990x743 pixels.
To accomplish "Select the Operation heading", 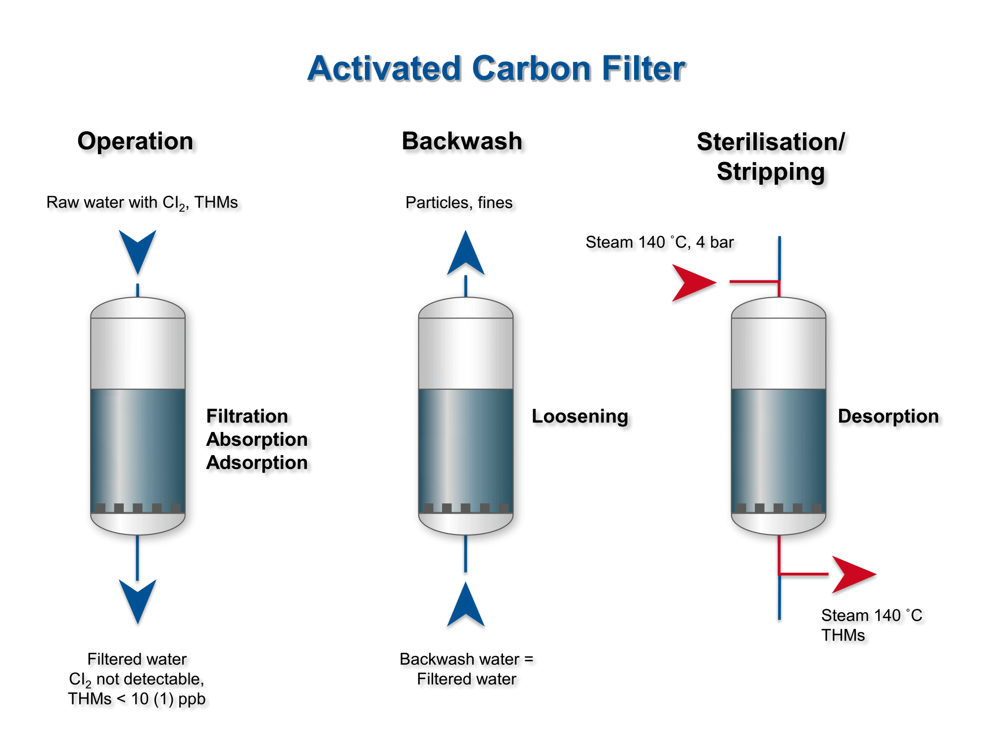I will [x=135, y=141].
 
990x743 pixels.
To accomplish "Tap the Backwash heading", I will [x=462, y=141].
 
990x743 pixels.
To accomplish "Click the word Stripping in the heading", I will [x=771, y=172].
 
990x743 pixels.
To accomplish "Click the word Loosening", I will [x=580, y=416].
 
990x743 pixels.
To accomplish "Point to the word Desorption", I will [x=888, y=416].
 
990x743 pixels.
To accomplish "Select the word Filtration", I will [x=247, y=416].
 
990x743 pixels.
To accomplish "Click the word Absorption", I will [x=257, y=439].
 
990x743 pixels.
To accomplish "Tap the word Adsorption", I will [x=257, y=463].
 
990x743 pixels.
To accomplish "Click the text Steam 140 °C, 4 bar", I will [x=659, y=242].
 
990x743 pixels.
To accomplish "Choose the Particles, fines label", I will [x=459, y=203].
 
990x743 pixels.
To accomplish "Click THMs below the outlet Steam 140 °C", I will [x=843, y=635].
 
